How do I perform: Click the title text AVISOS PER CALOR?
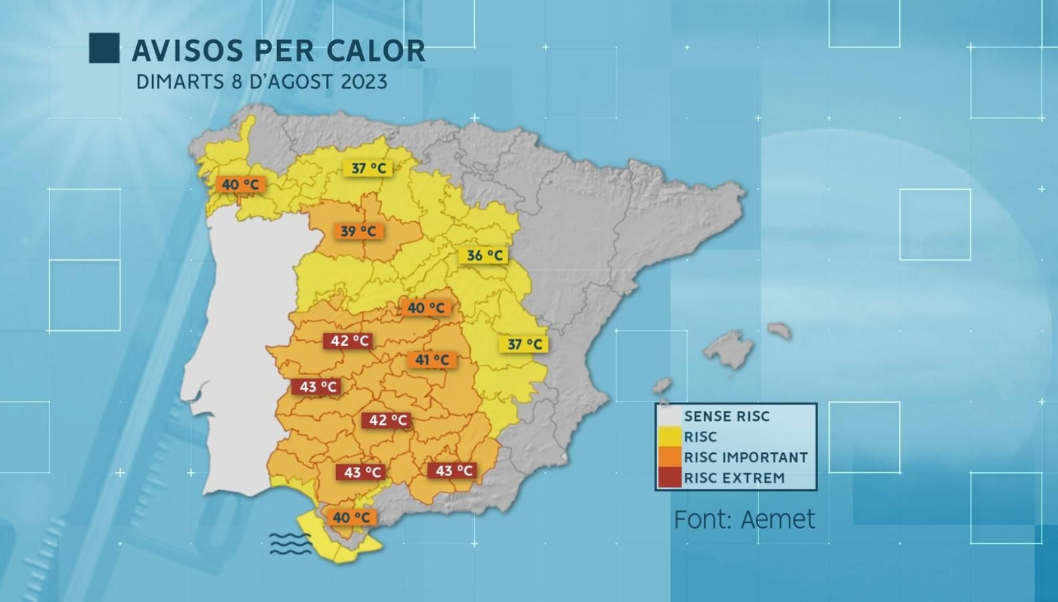click(278, 51)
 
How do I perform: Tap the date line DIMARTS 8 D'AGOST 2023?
click(261, 82)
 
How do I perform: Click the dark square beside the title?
click(104, 48)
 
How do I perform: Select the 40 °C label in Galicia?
click(241, 185)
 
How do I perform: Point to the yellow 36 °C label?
click(484, 255)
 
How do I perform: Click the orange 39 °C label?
click(358, 232)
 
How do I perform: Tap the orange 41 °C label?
click(432, 360)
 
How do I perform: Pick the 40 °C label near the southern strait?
click(351, 517)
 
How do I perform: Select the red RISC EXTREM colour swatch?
click(670, 478)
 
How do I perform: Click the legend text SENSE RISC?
click(727, 416)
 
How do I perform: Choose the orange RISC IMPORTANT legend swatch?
click(670, 457)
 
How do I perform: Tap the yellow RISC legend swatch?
click(670, 437)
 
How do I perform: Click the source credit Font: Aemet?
click(744, 519)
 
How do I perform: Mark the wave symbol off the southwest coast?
click(290, 543)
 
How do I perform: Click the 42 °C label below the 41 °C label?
click(386, 420)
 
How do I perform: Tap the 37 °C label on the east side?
click(524, 344)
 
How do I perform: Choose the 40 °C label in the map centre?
click(426, 308)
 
